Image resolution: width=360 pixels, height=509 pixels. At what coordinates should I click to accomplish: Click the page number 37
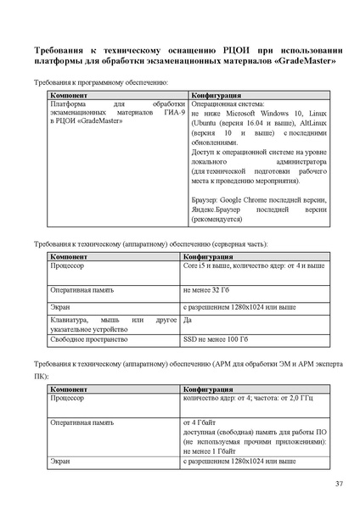tap(338, 484)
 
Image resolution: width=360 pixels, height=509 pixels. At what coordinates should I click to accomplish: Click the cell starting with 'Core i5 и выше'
tap(254, 266)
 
